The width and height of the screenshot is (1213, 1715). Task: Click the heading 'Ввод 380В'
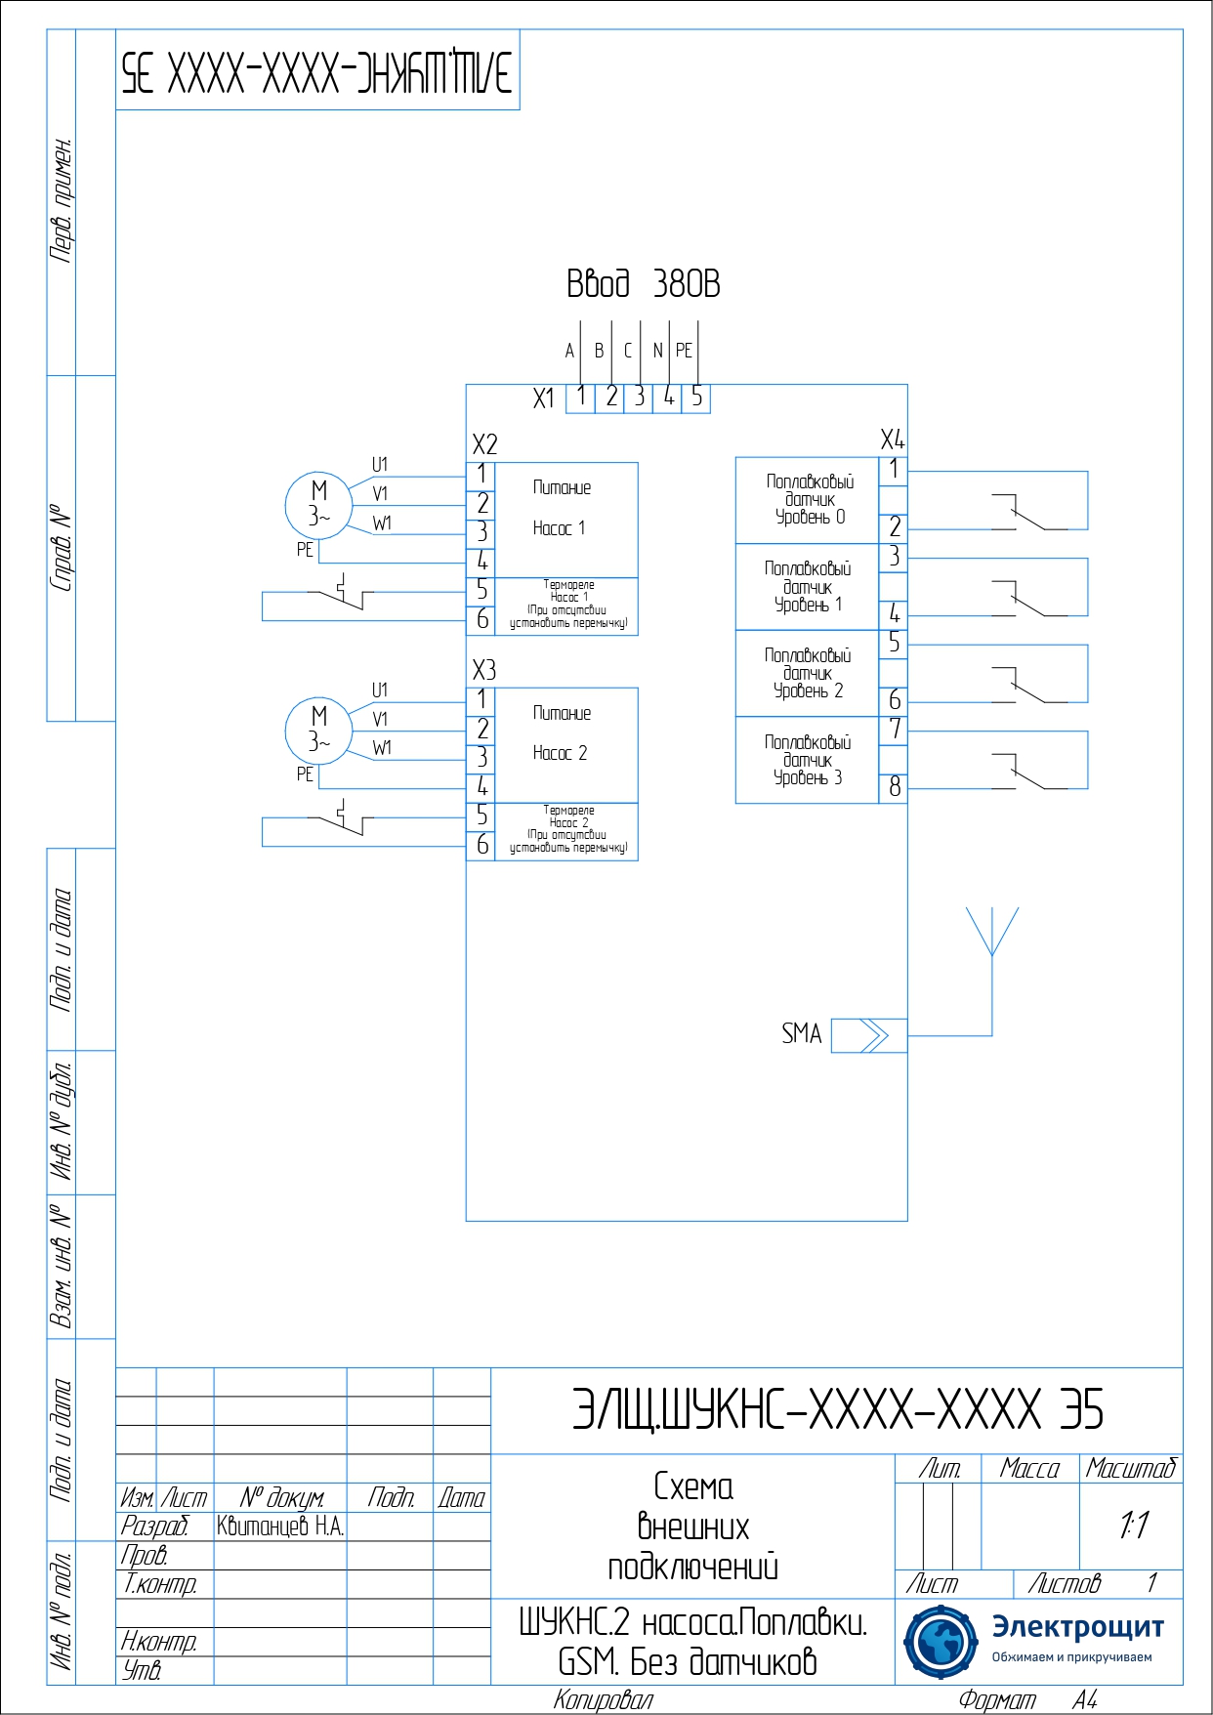coord(643,284)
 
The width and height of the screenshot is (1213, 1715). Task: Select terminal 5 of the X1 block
coord(696,397)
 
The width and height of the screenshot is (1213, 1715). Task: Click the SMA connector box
coord(868,1035)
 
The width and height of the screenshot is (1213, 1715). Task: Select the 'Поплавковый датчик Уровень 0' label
coord(809,499)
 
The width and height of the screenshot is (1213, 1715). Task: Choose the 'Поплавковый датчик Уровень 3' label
coord(808,760)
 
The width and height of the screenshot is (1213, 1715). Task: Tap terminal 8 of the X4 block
coord(894,787)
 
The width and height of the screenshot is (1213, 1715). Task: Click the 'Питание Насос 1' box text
coord(562,508)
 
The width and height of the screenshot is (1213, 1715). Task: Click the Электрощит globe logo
coord(940,1642)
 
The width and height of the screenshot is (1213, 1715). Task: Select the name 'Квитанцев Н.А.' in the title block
coord(280,1527)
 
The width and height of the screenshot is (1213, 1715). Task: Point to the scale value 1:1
coord(1133,1525)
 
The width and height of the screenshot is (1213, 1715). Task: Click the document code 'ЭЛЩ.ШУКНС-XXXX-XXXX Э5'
coord(837,1410)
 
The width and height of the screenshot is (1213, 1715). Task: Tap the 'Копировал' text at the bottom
coord(603,1700)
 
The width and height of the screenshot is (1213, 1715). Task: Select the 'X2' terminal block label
coord(484,444)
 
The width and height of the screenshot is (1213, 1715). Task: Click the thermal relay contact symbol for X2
coord(342,593)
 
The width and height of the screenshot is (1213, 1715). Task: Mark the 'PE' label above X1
coord(684,351)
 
